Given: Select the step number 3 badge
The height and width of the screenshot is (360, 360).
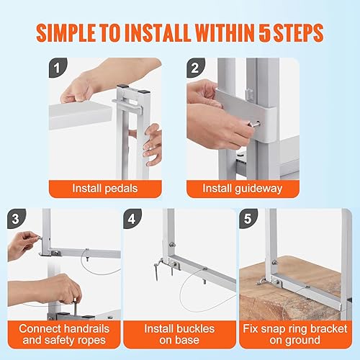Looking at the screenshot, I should pyautogui.click(x=16, y=217).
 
